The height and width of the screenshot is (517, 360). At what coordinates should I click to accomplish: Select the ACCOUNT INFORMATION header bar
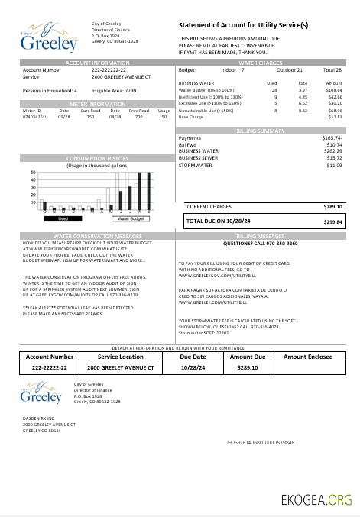point(97,62)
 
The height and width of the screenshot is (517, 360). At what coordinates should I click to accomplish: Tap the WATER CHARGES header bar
point(261,62)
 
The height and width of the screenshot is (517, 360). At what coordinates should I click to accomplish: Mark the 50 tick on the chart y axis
point(33,173)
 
